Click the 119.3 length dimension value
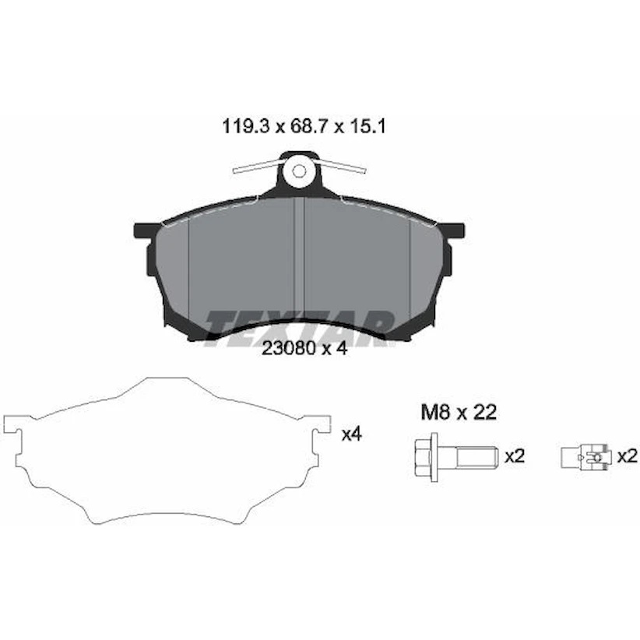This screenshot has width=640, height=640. click(246, 127)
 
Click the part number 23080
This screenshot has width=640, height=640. click(288, 348)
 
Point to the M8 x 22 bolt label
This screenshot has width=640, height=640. click(459, 413)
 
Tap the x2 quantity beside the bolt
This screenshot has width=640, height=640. click(515, 456)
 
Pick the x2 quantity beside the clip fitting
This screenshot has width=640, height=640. click(627, 456)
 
